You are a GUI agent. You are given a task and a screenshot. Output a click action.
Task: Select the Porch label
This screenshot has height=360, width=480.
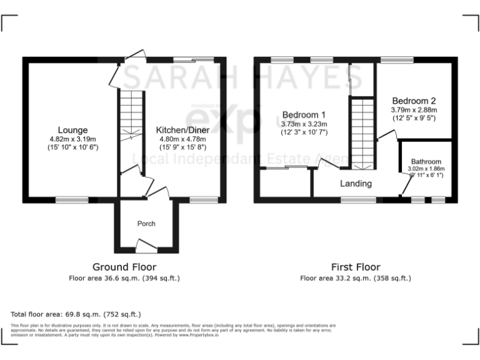point(146,223)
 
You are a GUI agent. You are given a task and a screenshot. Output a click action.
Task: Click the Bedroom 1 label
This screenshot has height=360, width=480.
point(304,114)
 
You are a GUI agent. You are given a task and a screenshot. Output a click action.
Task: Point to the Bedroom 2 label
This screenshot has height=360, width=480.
point(414,100)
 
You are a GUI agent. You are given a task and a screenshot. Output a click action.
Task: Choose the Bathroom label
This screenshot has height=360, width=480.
point(426,161)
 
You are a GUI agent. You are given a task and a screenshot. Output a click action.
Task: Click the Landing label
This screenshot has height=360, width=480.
point(356,184)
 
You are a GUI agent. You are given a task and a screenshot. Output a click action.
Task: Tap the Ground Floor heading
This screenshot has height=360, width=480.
point(124,267)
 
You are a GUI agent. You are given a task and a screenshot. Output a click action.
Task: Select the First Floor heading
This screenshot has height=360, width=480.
point(355,267)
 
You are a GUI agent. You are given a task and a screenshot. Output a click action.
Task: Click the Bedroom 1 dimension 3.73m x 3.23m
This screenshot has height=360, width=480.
point(304,123)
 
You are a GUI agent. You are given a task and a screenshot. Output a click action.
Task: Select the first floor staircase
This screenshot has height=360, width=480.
point(361,132)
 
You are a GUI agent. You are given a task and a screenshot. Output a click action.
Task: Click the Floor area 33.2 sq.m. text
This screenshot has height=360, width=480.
point(356,278)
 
